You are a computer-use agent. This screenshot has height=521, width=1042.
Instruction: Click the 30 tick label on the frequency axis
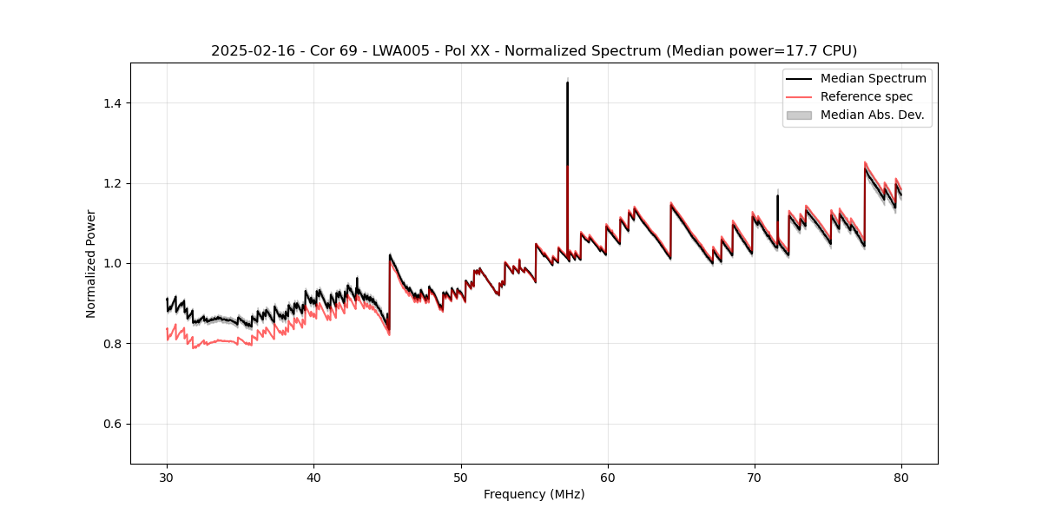coord(167,477)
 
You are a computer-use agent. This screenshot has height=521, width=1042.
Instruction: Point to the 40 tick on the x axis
coord(314,477)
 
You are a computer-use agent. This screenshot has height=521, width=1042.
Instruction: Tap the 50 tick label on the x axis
coord(461,477)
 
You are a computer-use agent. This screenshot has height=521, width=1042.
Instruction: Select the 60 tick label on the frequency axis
coord(608,477)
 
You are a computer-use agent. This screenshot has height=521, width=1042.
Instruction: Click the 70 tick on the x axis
coord(755,477)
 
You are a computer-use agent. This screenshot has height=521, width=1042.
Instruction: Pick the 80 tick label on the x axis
coord(901,477)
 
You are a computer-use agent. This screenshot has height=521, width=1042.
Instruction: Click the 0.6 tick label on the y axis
coord(113,424)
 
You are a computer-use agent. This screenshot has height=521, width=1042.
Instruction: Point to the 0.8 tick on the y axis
coord(113,344)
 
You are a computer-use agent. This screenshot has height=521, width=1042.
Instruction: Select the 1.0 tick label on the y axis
coord(113,263)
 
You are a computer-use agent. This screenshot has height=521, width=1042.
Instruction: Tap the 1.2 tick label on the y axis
coord(113,183)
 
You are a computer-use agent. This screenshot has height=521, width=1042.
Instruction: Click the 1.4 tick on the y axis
coord(113,103)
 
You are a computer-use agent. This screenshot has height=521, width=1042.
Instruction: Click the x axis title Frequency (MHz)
coord(534,494)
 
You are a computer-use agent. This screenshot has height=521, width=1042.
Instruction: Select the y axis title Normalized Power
coord(91,263)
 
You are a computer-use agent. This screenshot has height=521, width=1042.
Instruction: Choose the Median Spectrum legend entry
coord(873,78)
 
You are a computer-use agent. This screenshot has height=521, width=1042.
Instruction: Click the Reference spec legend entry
coord(866,96)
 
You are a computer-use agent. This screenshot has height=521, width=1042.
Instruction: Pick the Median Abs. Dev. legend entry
coord(872,115)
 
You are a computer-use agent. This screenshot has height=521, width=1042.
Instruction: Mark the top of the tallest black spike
coord(567,82)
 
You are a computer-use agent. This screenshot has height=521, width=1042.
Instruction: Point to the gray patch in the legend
coord(799,115)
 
